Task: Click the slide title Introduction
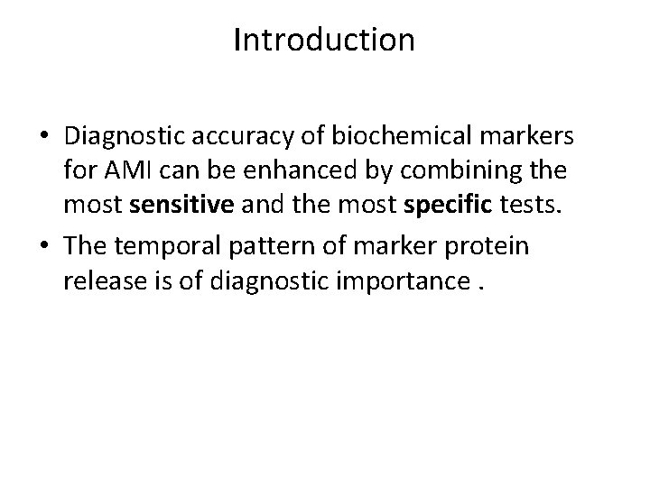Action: click(x=324, y=40)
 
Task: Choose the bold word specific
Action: click(x=443, y=204)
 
